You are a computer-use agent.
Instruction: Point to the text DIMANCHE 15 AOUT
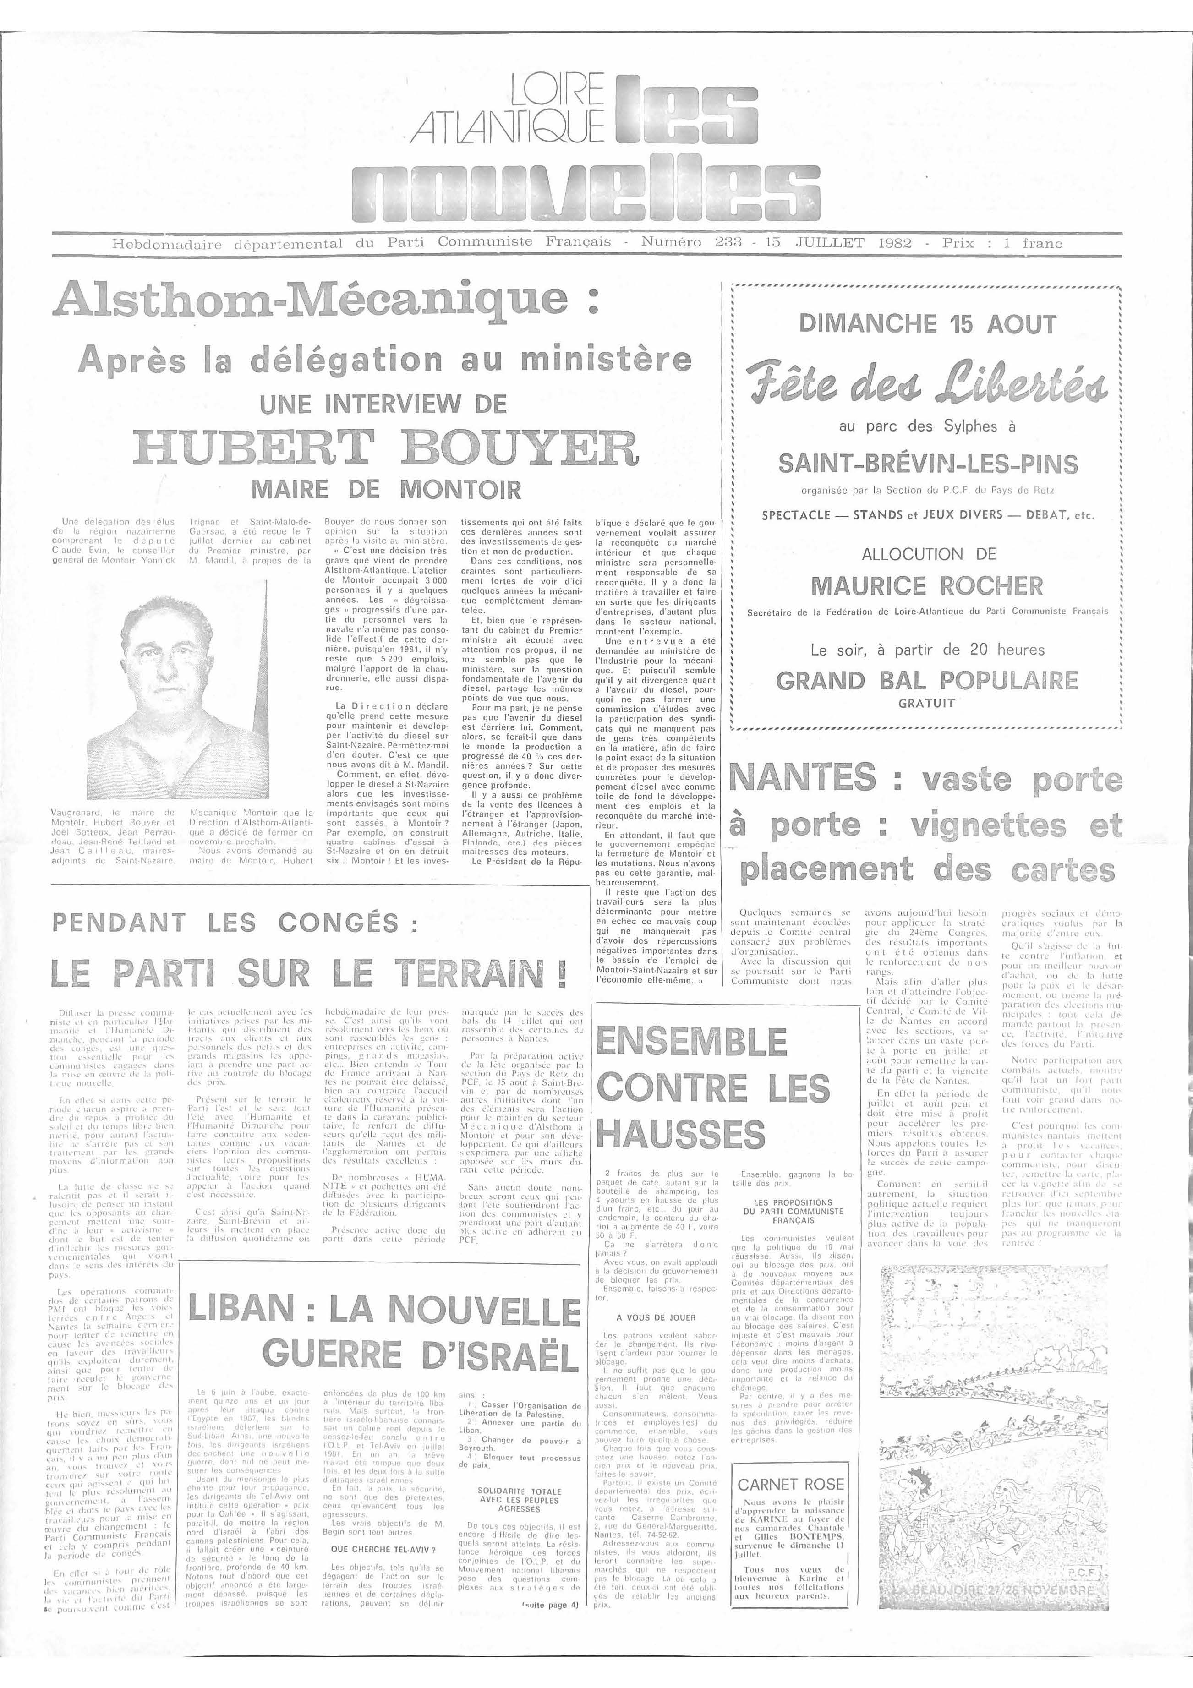[927, 323]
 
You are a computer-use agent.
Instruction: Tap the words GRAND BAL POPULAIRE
[927, 680]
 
